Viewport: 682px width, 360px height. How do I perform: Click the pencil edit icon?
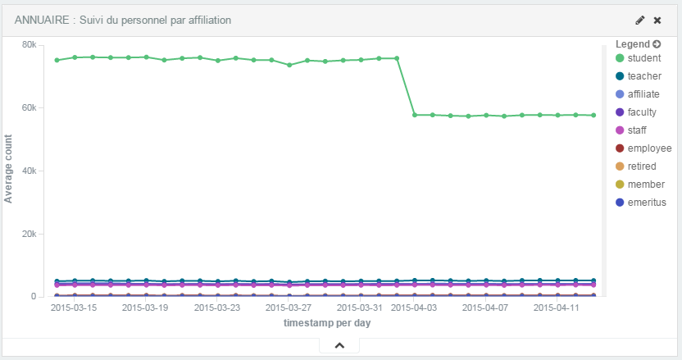point(640,20)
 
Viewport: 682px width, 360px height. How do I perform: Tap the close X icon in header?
point(657,20)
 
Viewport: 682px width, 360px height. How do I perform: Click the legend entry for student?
point(643,58)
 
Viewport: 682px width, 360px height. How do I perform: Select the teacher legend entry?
point(643,76)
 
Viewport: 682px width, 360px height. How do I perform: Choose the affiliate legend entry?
point(643,94)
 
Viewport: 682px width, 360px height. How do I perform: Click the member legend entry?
point(643,185)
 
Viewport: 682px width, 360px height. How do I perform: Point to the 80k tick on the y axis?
point(29,44)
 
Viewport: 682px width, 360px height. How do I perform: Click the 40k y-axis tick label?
point(29,171)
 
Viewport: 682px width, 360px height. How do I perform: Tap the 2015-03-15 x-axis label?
point(73,308)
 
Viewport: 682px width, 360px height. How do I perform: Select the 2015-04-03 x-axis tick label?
point(414,308)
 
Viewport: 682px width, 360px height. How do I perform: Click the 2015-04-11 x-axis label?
point(557,308)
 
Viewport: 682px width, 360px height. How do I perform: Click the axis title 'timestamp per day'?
point(327,324)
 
